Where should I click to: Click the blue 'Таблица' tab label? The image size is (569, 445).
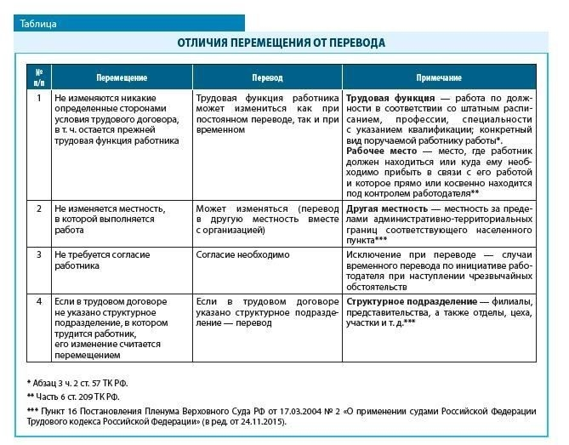pos(38,24)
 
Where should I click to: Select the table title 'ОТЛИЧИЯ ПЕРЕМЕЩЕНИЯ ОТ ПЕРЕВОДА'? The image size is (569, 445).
pos(282,42)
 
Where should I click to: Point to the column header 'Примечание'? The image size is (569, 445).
pos(439,77)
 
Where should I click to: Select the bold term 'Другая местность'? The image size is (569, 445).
pos(387,208)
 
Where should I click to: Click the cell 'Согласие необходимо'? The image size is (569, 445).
pos(242,254)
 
